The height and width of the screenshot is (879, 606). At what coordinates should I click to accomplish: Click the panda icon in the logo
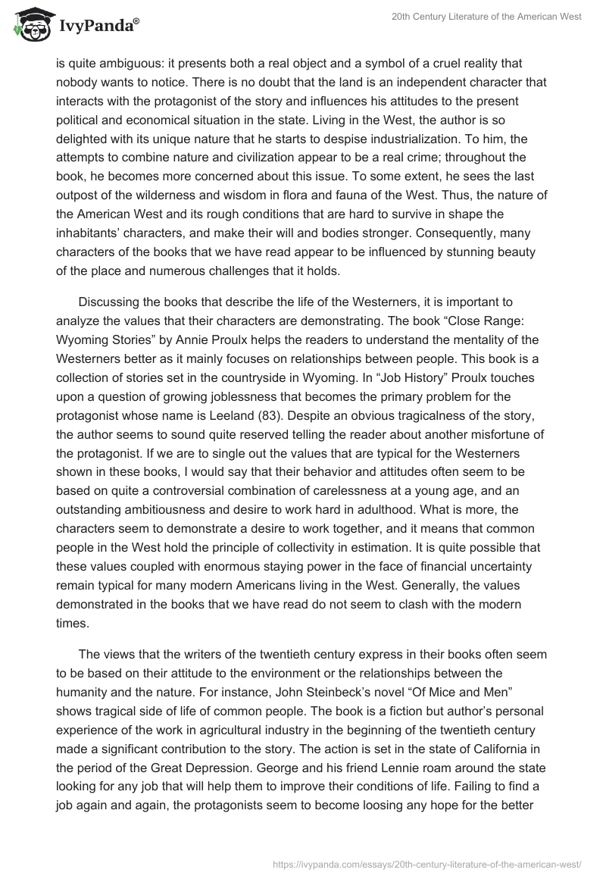[x=32, y=27]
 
